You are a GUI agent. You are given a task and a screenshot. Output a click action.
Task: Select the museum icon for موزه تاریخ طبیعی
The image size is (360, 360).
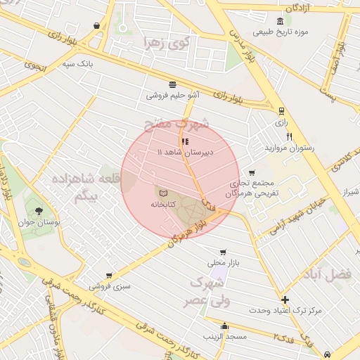coord(280,20)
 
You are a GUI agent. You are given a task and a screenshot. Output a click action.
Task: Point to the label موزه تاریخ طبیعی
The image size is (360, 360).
coord(280,32)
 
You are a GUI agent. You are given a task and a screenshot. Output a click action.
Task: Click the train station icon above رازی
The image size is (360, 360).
coord(281,110)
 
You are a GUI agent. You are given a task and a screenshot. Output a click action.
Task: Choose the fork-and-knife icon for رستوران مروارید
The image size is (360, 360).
coord(288,136)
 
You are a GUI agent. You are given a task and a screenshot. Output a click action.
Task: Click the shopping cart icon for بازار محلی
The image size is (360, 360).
coord(223,252)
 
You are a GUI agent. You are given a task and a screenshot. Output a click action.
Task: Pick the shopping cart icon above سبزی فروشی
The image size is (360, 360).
coord(109,276)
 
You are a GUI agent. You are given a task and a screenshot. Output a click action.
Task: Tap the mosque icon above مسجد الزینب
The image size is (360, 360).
coord(224,326)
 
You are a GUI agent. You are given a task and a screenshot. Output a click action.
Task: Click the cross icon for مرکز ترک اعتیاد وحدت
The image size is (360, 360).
coord(284,299)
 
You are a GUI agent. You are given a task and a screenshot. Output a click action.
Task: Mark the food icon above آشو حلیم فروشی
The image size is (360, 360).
coord(172,83)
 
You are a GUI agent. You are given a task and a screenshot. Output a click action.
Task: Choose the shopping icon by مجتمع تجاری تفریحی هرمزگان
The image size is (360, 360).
coord(252,173)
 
